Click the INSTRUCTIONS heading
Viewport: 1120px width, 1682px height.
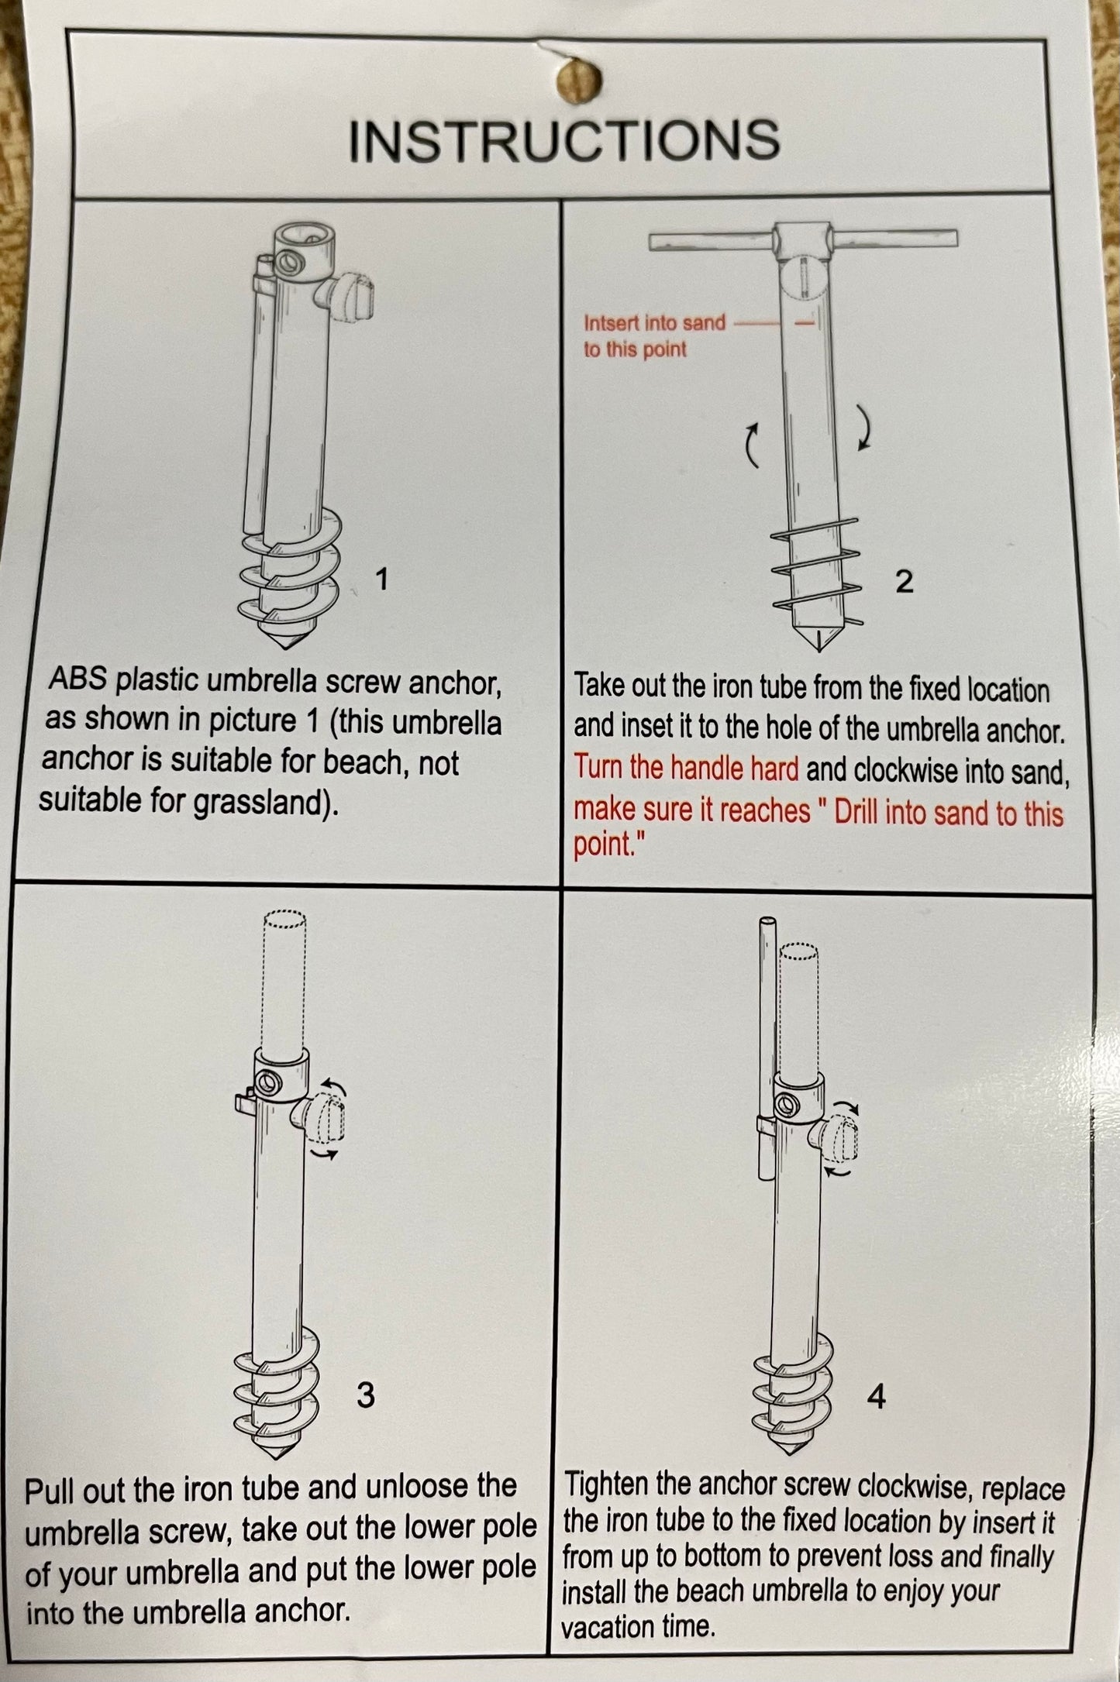[564, 140]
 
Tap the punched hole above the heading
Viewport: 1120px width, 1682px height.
[579, 80]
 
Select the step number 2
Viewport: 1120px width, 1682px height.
[904, 581]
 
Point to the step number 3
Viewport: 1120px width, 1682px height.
[365, 1395]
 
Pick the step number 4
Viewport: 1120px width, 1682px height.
[876, 1397]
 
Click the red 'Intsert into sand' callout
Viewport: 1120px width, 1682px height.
[654, 322]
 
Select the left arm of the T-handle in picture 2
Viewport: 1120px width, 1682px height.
[712, 242]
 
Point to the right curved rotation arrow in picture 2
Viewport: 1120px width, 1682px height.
[864, 426]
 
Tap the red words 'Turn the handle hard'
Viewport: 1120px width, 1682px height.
[686, 768]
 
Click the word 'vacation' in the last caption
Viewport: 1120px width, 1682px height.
[606, 1625]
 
